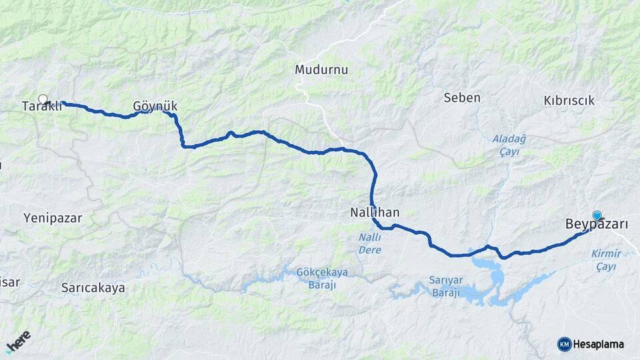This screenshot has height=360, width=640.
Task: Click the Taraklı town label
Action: point(41,107)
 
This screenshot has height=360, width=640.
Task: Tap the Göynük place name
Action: point(155,106)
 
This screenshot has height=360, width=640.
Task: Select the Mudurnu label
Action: point(321,69)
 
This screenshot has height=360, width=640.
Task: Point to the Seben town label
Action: point(461,98)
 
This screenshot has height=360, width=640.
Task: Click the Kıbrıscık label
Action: point(569,100)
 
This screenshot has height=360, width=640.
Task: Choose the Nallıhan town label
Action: point(375,213)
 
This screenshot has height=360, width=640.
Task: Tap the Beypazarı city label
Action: point(596,225)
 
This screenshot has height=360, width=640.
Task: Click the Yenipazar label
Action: point(52,217)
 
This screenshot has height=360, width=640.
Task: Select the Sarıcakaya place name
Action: point(93,288)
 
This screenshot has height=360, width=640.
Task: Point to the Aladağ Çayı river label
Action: point(509,145)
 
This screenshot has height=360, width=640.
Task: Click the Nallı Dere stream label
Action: point(369,244)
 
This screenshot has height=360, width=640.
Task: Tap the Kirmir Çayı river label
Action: point(606,260)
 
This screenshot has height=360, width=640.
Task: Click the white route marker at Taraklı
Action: point(43,99)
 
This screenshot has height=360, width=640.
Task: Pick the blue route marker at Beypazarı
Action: point(597,215)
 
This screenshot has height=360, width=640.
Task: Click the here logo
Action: point(18,341)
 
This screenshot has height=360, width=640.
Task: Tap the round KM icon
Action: point(564,344)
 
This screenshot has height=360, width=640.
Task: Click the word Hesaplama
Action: point(598,345)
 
